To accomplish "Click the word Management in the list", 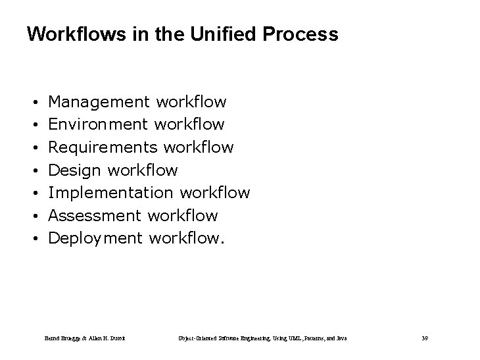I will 99,102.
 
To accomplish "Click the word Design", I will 75,170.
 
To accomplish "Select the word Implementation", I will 108,193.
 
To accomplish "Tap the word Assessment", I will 95,215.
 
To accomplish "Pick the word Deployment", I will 96,238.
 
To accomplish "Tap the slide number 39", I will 425,338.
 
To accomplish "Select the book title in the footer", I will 262,338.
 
